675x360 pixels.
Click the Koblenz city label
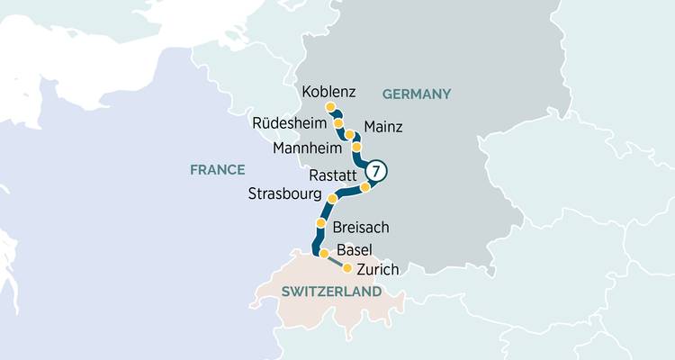tap(329, 92)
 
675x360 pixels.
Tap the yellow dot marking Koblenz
tap(330, 107)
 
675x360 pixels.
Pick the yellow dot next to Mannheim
tap(356, 146)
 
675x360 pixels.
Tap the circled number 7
tap(377, 170)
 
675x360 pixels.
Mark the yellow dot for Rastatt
tap(365, 187)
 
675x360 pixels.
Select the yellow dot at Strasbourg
tap(332, 198)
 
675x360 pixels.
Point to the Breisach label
tap(361, 227)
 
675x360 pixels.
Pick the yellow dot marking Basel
tap(324, 254)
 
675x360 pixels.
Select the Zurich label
tap(377, 269)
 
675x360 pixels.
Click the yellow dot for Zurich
tap(347, 267)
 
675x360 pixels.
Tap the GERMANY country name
tap(416, 94)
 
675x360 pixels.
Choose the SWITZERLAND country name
tap(331, 292)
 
